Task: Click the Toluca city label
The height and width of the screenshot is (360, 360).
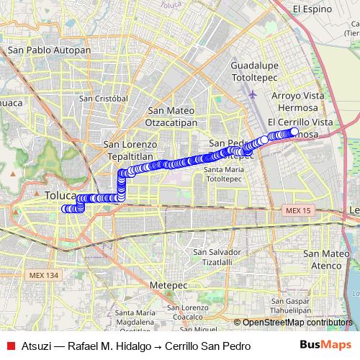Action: pos(59,196)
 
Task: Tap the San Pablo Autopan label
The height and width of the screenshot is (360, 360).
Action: pos(49,51)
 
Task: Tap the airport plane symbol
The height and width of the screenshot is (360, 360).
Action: pos(252,93)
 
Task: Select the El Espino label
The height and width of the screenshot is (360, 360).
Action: pos(312,9)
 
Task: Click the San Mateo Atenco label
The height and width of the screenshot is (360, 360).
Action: pos(326,259)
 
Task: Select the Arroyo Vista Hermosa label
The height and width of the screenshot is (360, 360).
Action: pos(298,101)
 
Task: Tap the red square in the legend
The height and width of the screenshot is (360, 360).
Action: pos(10,346)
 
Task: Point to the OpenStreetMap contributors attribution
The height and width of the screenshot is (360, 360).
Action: pos(297,323)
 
